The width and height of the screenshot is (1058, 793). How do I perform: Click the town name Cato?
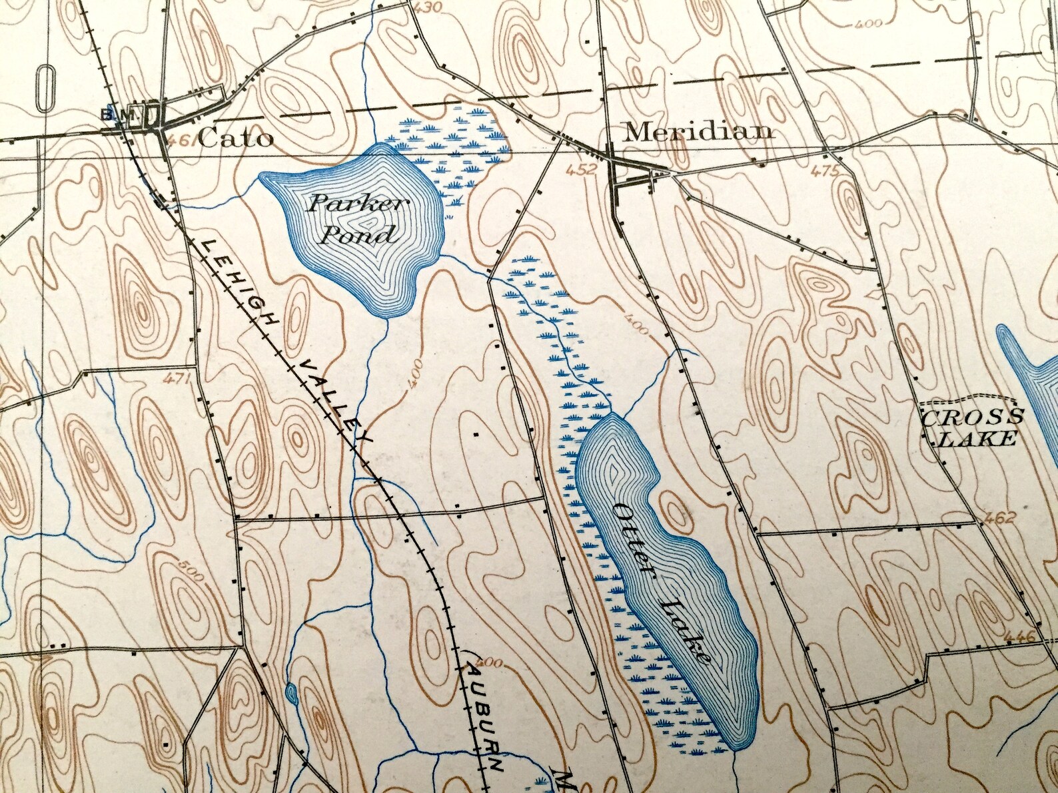point(235,138)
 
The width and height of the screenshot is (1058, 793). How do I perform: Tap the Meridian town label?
point(698,131)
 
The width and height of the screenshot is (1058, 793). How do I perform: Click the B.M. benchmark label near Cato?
point(115,115)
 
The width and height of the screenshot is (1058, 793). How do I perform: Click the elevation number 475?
point(823,172)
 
